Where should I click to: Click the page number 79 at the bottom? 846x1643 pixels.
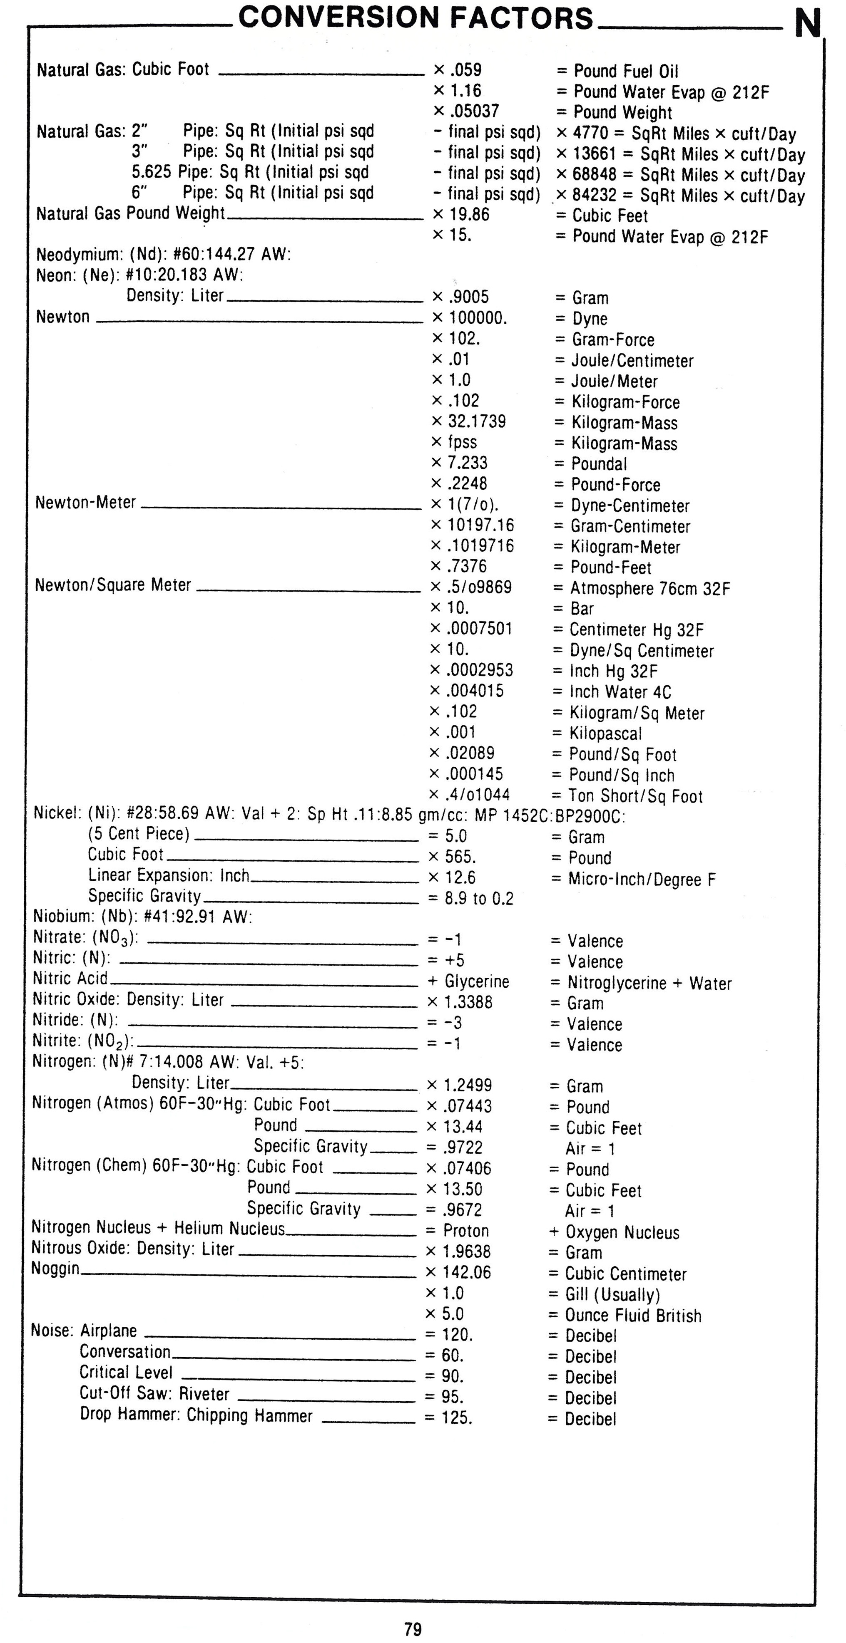point(413,1628)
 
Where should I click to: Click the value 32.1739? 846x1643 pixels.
point(477,421)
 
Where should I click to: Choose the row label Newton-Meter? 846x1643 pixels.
point(85,503)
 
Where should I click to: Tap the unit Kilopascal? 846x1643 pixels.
point(605,734)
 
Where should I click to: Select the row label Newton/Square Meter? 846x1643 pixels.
point(113,585)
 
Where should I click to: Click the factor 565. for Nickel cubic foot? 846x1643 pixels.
point(460,857)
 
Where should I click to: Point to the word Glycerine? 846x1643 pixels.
point(477,981)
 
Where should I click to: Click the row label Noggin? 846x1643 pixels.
point(55,1269)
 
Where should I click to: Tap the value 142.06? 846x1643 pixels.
point(466,1272)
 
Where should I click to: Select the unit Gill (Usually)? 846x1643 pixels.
point(612,1294)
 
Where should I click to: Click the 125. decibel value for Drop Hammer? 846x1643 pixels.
point(457,1418)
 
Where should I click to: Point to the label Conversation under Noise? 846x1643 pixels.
point(125,1351)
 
